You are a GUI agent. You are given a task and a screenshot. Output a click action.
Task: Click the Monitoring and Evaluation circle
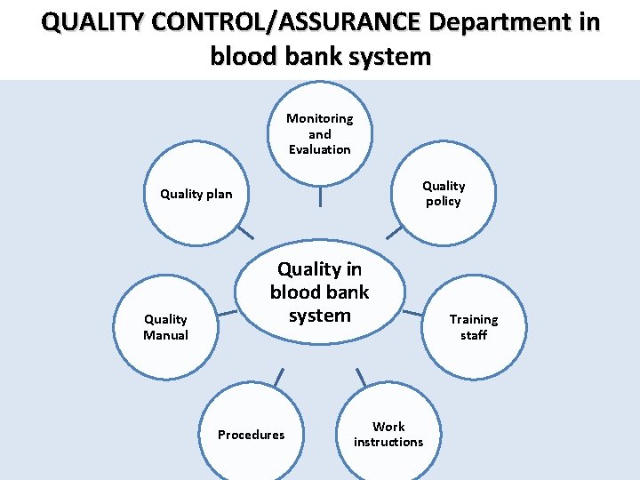pos(320,133)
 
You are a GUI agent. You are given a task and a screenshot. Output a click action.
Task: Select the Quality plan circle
pos(196,194)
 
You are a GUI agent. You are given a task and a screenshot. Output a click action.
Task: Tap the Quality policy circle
pos(443,194)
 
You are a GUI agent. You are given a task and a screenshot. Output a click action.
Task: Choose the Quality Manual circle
pos(166,327)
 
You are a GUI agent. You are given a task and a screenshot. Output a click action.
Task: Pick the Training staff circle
pos(474,327)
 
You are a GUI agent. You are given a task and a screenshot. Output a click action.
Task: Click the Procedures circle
pos(252,434)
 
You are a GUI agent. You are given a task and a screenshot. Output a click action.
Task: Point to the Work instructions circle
pos(388,434)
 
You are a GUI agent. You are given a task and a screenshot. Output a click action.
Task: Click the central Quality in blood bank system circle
pos(320,292)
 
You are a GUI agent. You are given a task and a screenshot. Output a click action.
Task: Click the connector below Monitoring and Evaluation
pos(320,196)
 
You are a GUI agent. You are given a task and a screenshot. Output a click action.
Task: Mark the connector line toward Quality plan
pos(244,233)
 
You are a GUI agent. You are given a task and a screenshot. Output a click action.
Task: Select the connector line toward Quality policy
pos(394,233)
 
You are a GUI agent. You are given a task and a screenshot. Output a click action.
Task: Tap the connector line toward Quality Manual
pos(228,312)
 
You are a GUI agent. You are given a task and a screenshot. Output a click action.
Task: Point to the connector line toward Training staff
pos(412,312)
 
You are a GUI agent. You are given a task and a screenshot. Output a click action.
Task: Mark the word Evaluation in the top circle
pos(320,149)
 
